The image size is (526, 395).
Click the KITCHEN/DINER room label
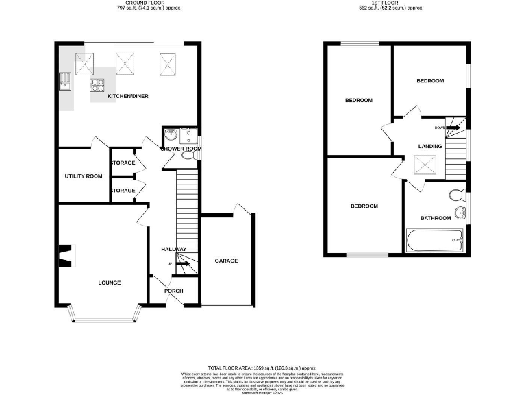click(128, 97)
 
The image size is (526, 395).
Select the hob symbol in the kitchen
click(97, 86)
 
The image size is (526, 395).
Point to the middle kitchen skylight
click(125, 64)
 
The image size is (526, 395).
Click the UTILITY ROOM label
click(83, 176)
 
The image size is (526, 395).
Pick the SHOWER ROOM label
click(181, 149)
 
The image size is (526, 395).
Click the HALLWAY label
click(173, 249)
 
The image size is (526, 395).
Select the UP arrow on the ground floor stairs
click(181, 263)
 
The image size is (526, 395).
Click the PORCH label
click(174, 291)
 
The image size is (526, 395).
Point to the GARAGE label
click(226, 261)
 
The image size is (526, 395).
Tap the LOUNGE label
click(110, 283)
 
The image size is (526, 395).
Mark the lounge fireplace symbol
click(64, 256)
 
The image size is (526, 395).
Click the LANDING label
click(431, 146)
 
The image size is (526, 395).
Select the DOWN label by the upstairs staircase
click(440, 128)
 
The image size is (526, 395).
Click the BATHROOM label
click(436, 218)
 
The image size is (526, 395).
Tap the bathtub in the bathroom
click(434, 241)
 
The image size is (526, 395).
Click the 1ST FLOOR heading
click(391, 3)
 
